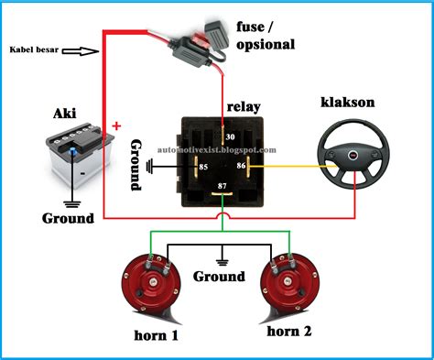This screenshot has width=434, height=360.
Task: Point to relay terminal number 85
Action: [201, 167]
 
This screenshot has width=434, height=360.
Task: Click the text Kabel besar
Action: [34, 50]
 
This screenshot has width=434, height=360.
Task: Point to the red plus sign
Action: [116, 125]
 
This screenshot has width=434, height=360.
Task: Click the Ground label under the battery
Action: [68, 218]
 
